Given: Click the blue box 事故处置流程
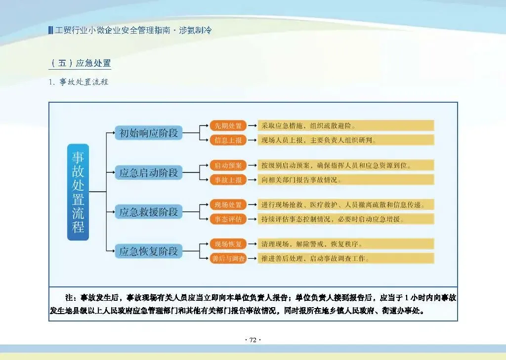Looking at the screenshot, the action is click(x=78, y=192).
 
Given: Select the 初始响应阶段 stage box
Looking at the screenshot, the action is click(x=149, y=133).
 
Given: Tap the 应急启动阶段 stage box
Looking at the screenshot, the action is click(x=149, y=173).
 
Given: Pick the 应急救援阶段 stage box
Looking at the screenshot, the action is click(x=149, y=212).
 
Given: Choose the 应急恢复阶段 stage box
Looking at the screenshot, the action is click(x=149, y=251).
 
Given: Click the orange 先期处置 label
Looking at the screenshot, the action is click(x=228, y=125).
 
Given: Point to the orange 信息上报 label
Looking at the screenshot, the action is click(x=228, y=140).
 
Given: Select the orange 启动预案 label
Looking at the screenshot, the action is click(x=228, y=165).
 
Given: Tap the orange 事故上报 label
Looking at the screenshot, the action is click(x=228, y=180).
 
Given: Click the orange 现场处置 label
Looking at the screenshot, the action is click(x=228, y=204).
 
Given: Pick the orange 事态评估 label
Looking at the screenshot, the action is click(x=228, y=219).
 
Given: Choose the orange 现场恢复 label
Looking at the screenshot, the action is click(x=228, y=244).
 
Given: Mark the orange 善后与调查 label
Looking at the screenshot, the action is click(x=228, y=258).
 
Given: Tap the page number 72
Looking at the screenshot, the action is click(x=253, y=340).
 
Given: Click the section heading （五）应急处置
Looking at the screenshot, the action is click(x=80, y=63).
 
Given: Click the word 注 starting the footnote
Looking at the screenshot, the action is click(x=70, y=298).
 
